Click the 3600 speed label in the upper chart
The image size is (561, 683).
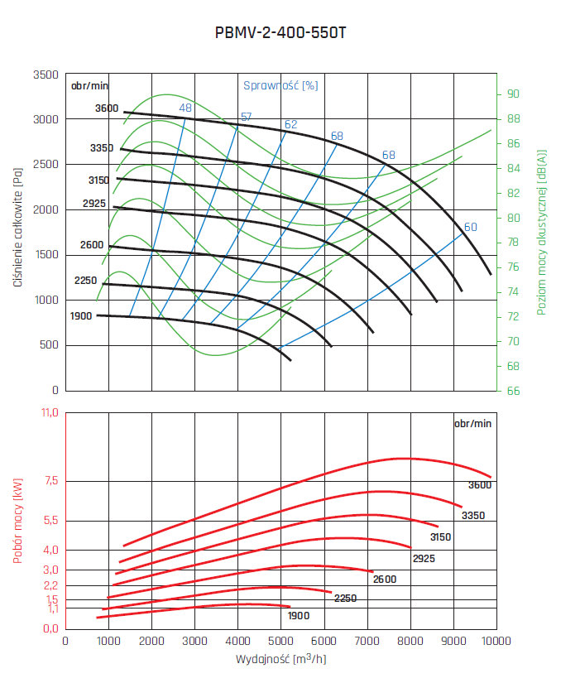point(107,108)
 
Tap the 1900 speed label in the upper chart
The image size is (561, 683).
point(82,315)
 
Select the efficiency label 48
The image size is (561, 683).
point(185,108)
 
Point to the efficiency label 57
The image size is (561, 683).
point(247,117)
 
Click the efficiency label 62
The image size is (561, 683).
point(290,125)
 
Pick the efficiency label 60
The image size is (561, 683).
point(471,228)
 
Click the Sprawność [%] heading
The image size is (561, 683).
point(280,85)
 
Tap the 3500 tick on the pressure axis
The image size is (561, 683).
point(45,75)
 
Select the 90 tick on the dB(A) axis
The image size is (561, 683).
point(513,94)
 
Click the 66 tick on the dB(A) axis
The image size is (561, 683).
point(513,391)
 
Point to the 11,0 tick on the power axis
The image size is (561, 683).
point(49,412)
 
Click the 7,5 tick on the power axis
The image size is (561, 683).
point(50,481)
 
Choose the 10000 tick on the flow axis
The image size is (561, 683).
point(496,641)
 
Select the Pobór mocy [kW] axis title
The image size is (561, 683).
point(17,522)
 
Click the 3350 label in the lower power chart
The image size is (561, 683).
point(473,516)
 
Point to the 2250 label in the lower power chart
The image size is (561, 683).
point(345,598)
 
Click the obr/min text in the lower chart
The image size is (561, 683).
point(472,423)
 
